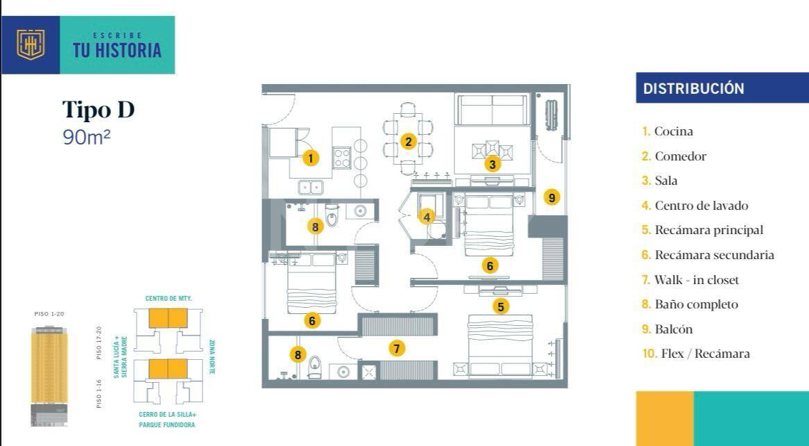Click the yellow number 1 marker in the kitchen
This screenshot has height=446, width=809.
pyautogui.click(x=310, y=158)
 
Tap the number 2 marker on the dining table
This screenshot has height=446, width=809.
pyautogui.click(x=408, y=142)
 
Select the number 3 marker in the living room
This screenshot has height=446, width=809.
pyautogui.click(x=493, y=165)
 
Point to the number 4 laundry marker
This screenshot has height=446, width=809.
pyautogui.click(x=427, y=217)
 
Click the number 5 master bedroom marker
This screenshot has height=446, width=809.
pyautogui.click(x=500, y=306)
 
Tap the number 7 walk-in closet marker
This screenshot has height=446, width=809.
pyautogui.click(x=397, y=349)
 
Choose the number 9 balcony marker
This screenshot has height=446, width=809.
pyautogui.click(x=552, y=197)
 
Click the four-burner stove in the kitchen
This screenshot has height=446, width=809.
pyautogui.click(x=341, y=158)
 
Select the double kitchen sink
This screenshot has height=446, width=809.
pyautogui.click(x=311, y=187)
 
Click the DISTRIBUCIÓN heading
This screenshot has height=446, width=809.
pyautogui.click(x=693, y=88)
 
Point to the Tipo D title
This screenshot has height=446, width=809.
pyautogui.click(x=99, y=110)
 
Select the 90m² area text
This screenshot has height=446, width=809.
pyautogui.click(x=87, y=137)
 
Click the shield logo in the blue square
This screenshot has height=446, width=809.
pyautogui.click(x=31, y=45)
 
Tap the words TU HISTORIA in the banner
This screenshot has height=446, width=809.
pyautogui.click(x=117, y=50)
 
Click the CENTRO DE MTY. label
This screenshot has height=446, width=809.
pyautogui.click(x=168, y=299)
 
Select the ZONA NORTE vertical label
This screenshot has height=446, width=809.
pyautogui.click(x=212, y=356)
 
